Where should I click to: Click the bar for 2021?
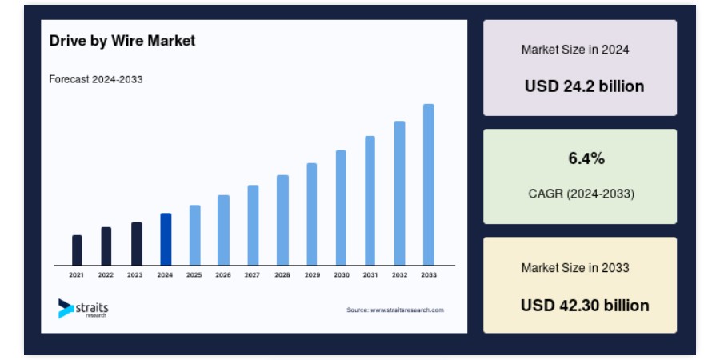click(x=77, y=250)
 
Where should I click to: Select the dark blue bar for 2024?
click(x=166, y=239)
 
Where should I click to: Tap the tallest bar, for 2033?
click(x=429, y=185)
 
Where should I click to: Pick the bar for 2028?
click(x=282, y=220)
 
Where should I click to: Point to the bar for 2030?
click(x=341, y=207)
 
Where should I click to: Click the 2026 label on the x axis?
click(x=223, y=275)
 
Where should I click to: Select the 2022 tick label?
click(x=106, y=275)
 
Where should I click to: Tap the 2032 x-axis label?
click(x=399, y=275)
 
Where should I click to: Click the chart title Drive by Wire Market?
click(x=122, y=41)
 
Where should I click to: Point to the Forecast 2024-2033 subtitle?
click(x=96, y=79)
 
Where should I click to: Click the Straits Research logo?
click(x=83, y=308)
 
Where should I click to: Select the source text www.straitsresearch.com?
click(x=407, y=310)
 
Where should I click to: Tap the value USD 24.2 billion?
click(x=585, y=86)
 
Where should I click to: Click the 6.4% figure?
click(x=586, y=158)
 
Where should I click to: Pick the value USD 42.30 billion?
click(x=585, y=306)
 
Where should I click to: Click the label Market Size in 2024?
click(x=575, y=50)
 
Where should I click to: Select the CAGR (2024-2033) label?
click(x=582, y=194)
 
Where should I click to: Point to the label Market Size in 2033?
click(x=575, y=268)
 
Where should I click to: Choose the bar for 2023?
click(x=136, y=244)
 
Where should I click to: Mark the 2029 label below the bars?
click(x=312, y=275)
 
